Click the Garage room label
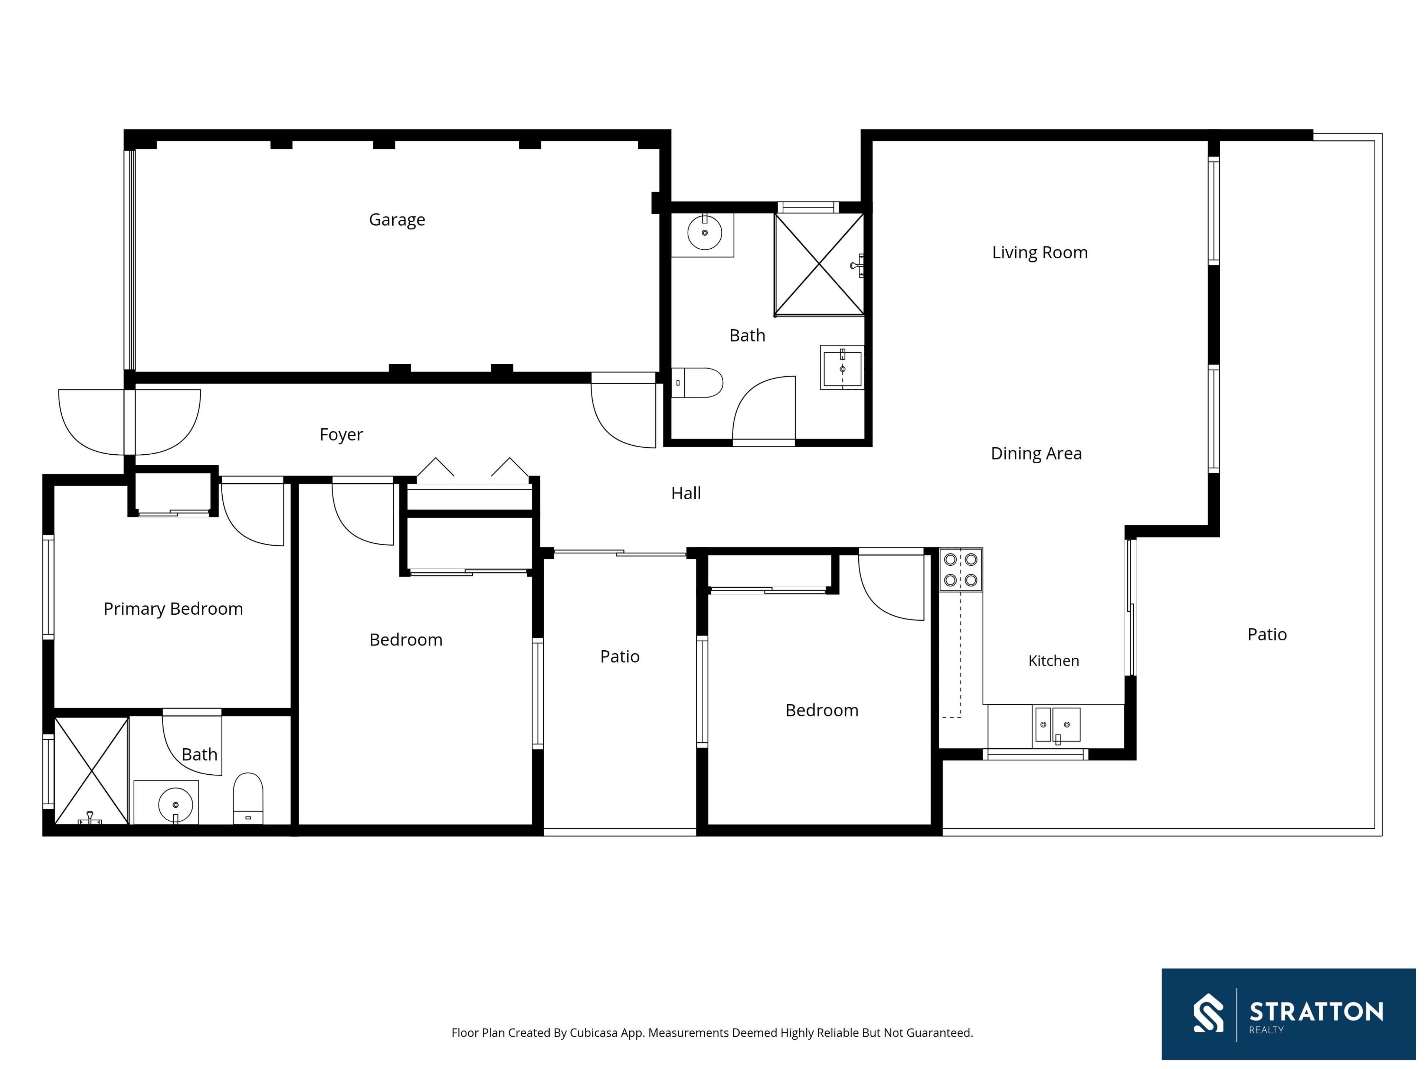tap(397, 220)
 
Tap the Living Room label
tap(1040, 253)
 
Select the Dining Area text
tap(1036, 454)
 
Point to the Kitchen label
tap(1053, 660)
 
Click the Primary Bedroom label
tap(173, 609)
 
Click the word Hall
tap(686, 494)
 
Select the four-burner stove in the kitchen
tap(960, 570)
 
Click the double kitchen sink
tap(1057, 724)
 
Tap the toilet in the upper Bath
tap(697, 383)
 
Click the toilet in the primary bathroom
tap(248, 798)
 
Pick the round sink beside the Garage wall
tap(704, 233)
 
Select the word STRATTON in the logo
tap(1316, 1011)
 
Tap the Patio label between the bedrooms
tap(620, 657)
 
